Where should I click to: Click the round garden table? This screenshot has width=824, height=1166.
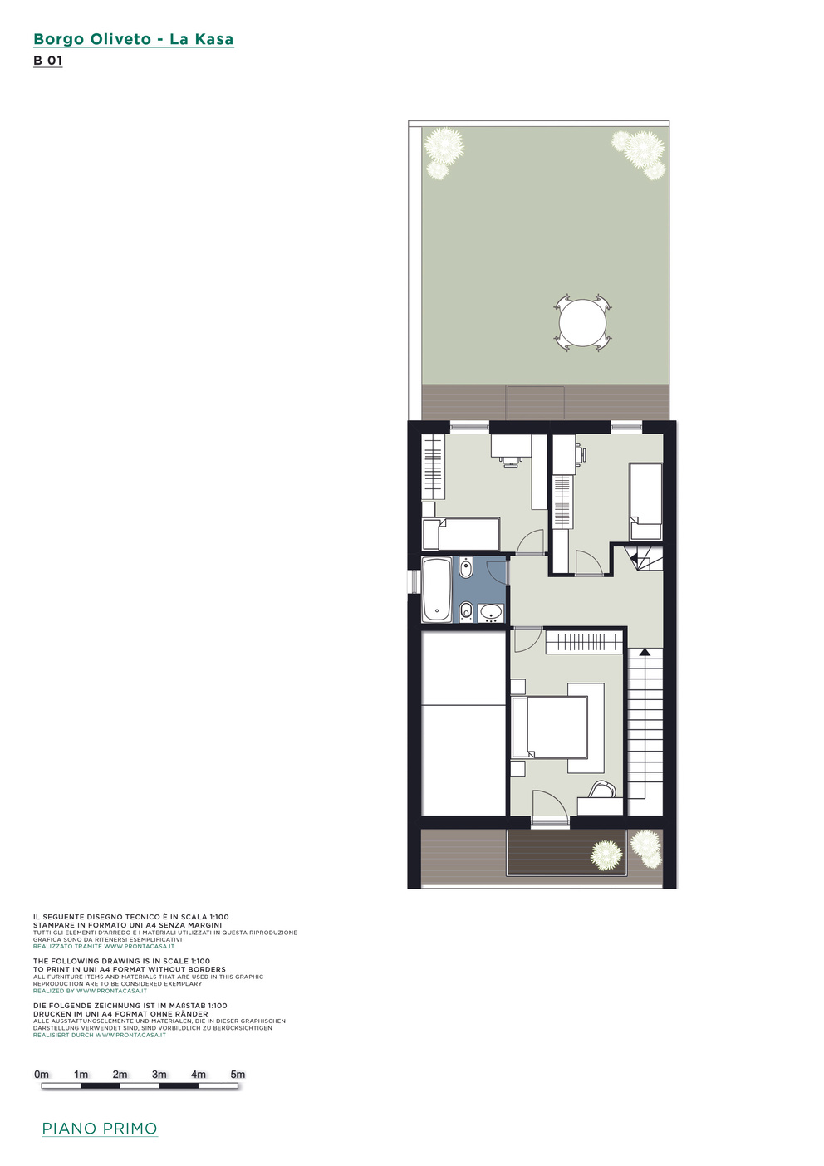pos(582,323)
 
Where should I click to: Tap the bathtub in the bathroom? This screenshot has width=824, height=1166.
pos(437,590)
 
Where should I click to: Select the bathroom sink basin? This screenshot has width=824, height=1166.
pos(490,613)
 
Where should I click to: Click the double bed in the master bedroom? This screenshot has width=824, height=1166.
pos(550,728)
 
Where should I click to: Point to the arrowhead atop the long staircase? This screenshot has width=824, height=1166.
pos(645,651)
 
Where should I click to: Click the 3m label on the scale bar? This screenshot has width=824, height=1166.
pos(159,1075)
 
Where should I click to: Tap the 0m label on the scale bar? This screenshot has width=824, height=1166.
pos(42,1075)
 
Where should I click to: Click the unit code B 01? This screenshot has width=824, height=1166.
pos(48,61)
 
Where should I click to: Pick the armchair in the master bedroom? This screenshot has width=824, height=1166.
pos(603,790)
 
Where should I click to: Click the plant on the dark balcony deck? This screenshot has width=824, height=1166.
pos(606,855)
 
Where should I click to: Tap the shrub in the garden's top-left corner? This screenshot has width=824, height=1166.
pos(443,151)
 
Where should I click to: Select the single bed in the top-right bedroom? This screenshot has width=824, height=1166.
pos(645,502)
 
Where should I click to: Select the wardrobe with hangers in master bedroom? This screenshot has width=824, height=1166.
pos(583,642)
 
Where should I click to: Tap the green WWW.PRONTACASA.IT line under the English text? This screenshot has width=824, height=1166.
pos(90,991)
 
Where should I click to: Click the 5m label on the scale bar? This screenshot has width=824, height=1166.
pos(238,1075)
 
